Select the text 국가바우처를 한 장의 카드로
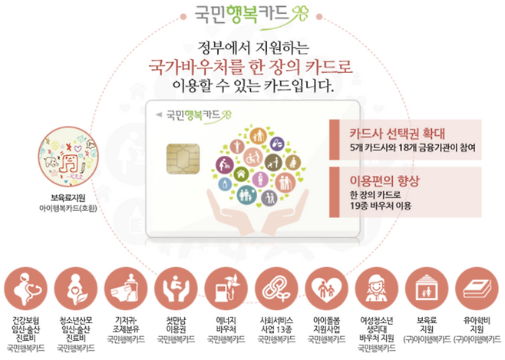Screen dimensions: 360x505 251,67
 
